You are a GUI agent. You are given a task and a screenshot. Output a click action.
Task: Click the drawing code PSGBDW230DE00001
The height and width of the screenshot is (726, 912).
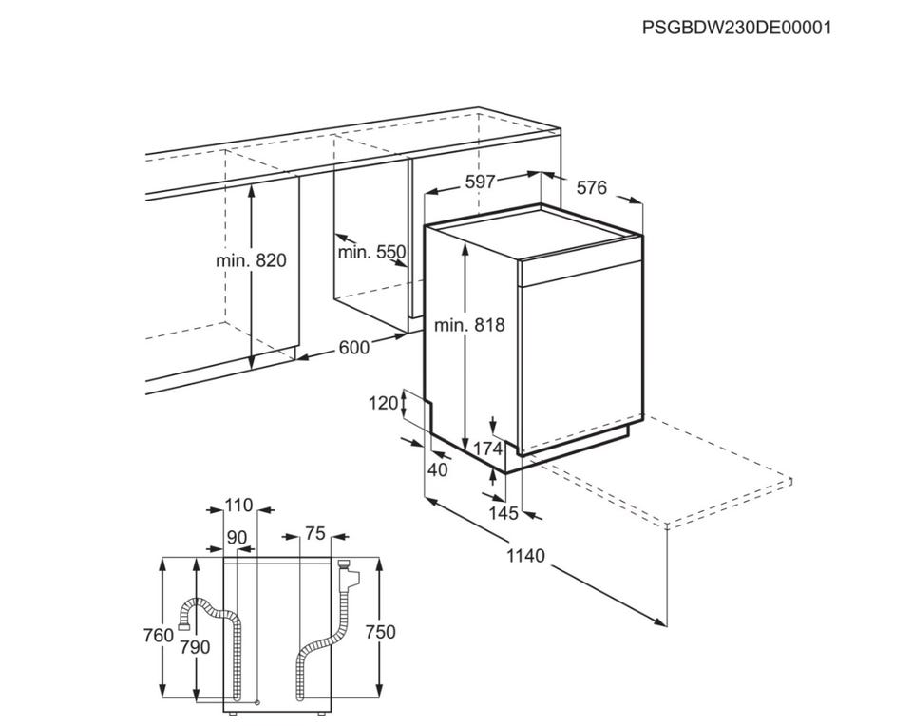click(x=737, y=28)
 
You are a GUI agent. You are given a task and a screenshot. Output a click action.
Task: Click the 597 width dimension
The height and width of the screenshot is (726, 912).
click(x=480, y=182)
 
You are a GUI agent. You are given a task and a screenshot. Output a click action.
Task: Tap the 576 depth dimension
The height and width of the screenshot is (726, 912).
click(x=592, y=187)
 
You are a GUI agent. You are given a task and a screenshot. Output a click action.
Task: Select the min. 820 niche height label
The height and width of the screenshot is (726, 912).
click(x=251, y=260)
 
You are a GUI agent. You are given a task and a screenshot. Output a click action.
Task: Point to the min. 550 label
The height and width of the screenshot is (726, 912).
click(x=371, y=252)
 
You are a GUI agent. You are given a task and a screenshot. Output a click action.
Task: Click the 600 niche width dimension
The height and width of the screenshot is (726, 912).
click(x=353, y=347)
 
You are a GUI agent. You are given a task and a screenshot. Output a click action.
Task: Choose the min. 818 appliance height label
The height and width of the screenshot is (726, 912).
click(x=469, y=325)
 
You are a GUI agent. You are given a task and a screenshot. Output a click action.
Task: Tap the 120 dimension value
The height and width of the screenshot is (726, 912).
click(x=383, y=403)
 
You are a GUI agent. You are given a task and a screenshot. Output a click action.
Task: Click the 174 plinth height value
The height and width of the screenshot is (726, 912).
click(x=487, y=449)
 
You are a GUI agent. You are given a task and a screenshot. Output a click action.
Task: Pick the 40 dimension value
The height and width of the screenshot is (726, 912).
click(x=437, y=468)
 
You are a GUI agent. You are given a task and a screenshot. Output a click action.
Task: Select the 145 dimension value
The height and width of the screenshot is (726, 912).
click(x=503, y=513)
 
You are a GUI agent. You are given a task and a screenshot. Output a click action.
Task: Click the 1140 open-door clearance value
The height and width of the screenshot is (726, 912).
click(x=525, y=556)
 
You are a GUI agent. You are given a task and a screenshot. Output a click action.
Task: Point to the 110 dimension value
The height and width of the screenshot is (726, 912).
click(x=239, y=505)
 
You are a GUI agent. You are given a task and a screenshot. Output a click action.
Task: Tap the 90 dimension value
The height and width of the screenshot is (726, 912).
click(x=237, y=537)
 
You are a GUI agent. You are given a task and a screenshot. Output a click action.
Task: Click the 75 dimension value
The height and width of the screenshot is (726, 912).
click(x=315, y=533)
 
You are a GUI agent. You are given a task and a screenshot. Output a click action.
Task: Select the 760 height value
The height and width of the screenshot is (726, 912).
click(x=159, y=635)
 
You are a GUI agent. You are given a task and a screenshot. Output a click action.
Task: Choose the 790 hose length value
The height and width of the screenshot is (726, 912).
click(x=195, y=646)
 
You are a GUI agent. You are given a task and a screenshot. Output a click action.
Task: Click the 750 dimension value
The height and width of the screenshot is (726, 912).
click(x=380, y=631)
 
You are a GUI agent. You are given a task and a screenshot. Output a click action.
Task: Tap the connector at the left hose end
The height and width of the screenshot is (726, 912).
click(x=183, y=626)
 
